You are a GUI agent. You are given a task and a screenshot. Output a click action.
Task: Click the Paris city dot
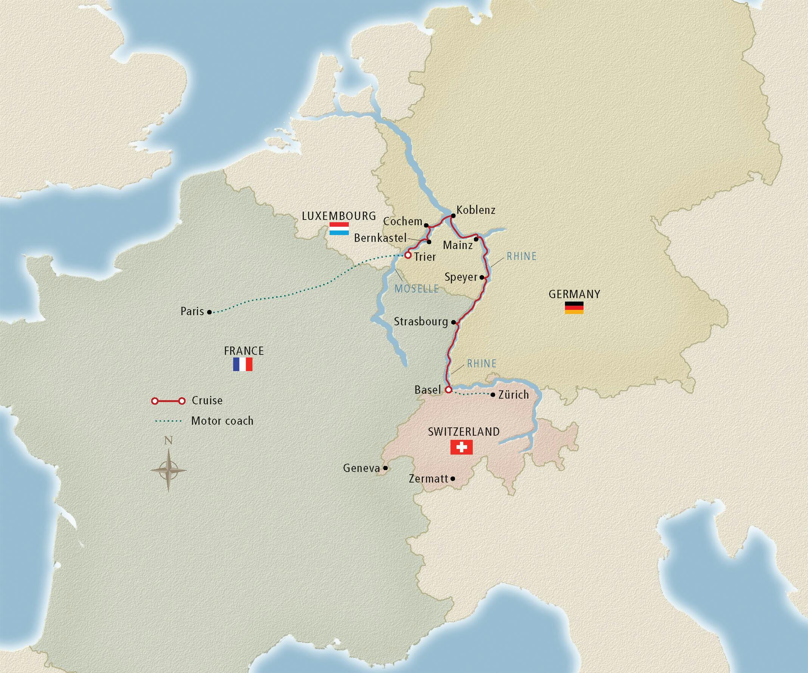click(x=209, y=312)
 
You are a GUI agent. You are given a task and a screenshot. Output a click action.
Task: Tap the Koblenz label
click(x=475, y=210)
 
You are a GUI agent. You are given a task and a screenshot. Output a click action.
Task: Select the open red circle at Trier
click(x=407, y=255)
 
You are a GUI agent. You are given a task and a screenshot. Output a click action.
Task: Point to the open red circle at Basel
click(x=448, y=390)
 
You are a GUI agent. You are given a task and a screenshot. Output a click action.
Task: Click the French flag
click(x=242, y=364)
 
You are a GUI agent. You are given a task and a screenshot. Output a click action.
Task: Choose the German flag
click(x=574, y=308)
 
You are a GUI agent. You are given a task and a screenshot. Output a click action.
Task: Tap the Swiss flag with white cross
click(x=461, y=447)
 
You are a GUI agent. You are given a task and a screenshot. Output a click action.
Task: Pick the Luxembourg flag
click(x=339, y=229)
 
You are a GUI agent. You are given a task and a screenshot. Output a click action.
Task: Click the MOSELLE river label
click(x=416, y=289)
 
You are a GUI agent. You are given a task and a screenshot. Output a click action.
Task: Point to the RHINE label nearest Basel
click(x=481, y=364)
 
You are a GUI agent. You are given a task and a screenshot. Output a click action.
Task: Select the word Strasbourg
click(x=421, y=321)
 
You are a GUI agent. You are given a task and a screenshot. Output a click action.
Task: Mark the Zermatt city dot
click(x=453, y=479)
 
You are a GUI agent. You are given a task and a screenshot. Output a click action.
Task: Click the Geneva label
click(x=361, y=468)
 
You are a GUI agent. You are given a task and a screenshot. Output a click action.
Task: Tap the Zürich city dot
click(x=493, y=395)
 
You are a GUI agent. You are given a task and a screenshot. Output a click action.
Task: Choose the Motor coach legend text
click(x=222, y=421)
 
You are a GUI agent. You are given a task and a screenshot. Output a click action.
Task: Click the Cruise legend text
click(x=207, y=401)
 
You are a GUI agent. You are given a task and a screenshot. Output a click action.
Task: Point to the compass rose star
click(x=168, y=470)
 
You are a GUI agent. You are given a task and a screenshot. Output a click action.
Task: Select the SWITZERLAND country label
click(x=464, y=432)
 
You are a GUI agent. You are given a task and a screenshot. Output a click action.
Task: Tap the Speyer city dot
click(x=482, y=277)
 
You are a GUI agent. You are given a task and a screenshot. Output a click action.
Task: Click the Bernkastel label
click(x=380, y=238)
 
